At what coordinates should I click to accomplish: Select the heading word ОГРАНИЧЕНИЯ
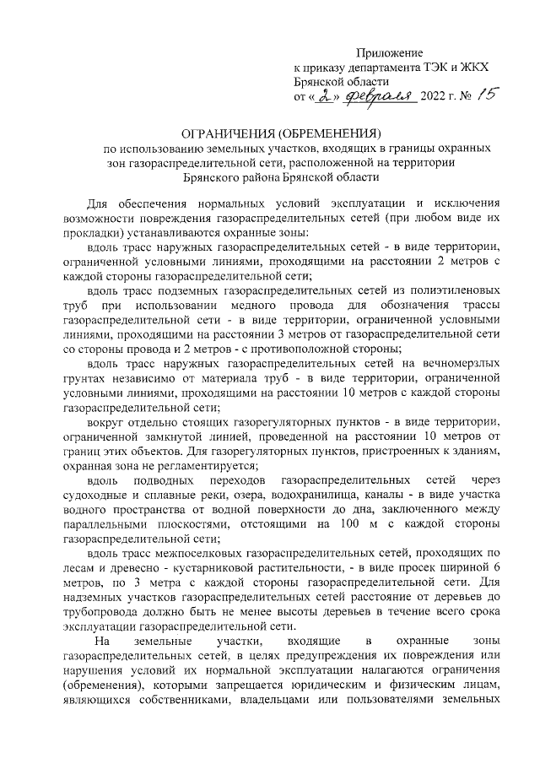234,133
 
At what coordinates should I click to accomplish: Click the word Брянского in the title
224,177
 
